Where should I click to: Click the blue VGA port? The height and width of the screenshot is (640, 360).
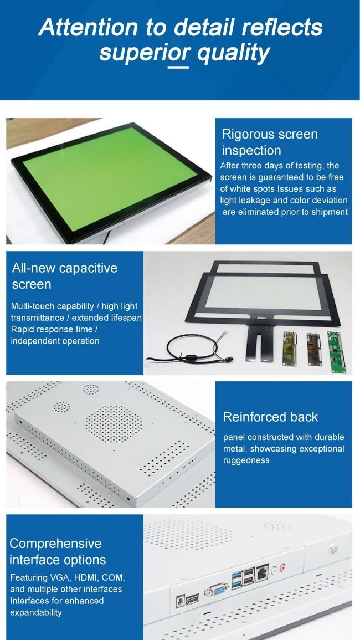[215, 590]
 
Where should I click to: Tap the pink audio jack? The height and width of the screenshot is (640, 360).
[282, 567]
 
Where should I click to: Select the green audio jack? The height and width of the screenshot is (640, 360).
[274, 569]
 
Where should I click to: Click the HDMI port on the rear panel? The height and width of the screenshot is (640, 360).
[192, 599]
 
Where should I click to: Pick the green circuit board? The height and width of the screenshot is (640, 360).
[336, 352]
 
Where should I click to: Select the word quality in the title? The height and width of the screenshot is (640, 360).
[233, 53]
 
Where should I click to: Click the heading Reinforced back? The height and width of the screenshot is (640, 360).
[270, 417]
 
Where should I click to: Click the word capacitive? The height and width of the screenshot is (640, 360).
[88, 268]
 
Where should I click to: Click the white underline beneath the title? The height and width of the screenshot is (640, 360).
[178, 67]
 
